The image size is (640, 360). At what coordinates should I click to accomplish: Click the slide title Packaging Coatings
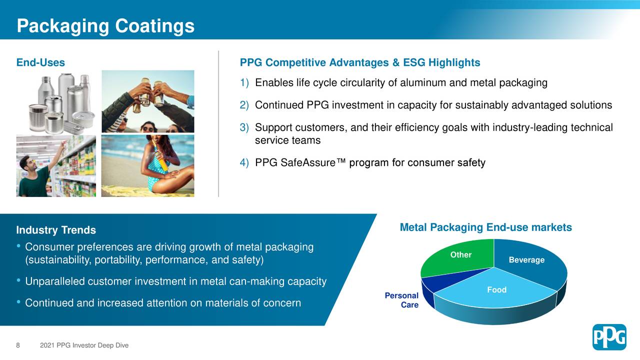coord(105,25)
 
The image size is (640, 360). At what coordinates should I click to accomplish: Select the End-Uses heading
coord(40,62)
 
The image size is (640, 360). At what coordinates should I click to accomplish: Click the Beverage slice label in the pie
coord(526,260)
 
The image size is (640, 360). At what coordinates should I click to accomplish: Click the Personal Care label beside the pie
coord(402,300)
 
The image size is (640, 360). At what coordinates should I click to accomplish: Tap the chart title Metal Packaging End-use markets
coord(485,227)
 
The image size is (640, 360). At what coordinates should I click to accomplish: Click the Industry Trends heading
coord(56,230)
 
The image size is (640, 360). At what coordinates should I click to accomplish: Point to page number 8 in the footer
coord(18,345)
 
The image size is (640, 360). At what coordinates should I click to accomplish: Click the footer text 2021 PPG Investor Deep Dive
coord(84,345)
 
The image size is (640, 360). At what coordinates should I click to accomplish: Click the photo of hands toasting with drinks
coord(147,101)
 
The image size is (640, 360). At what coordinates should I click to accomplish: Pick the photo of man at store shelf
coord(56,165)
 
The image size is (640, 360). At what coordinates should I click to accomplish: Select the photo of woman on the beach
coord(147,165)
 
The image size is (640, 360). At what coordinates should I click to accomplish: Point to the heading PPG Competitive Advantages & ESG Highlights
coord(360,62)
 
